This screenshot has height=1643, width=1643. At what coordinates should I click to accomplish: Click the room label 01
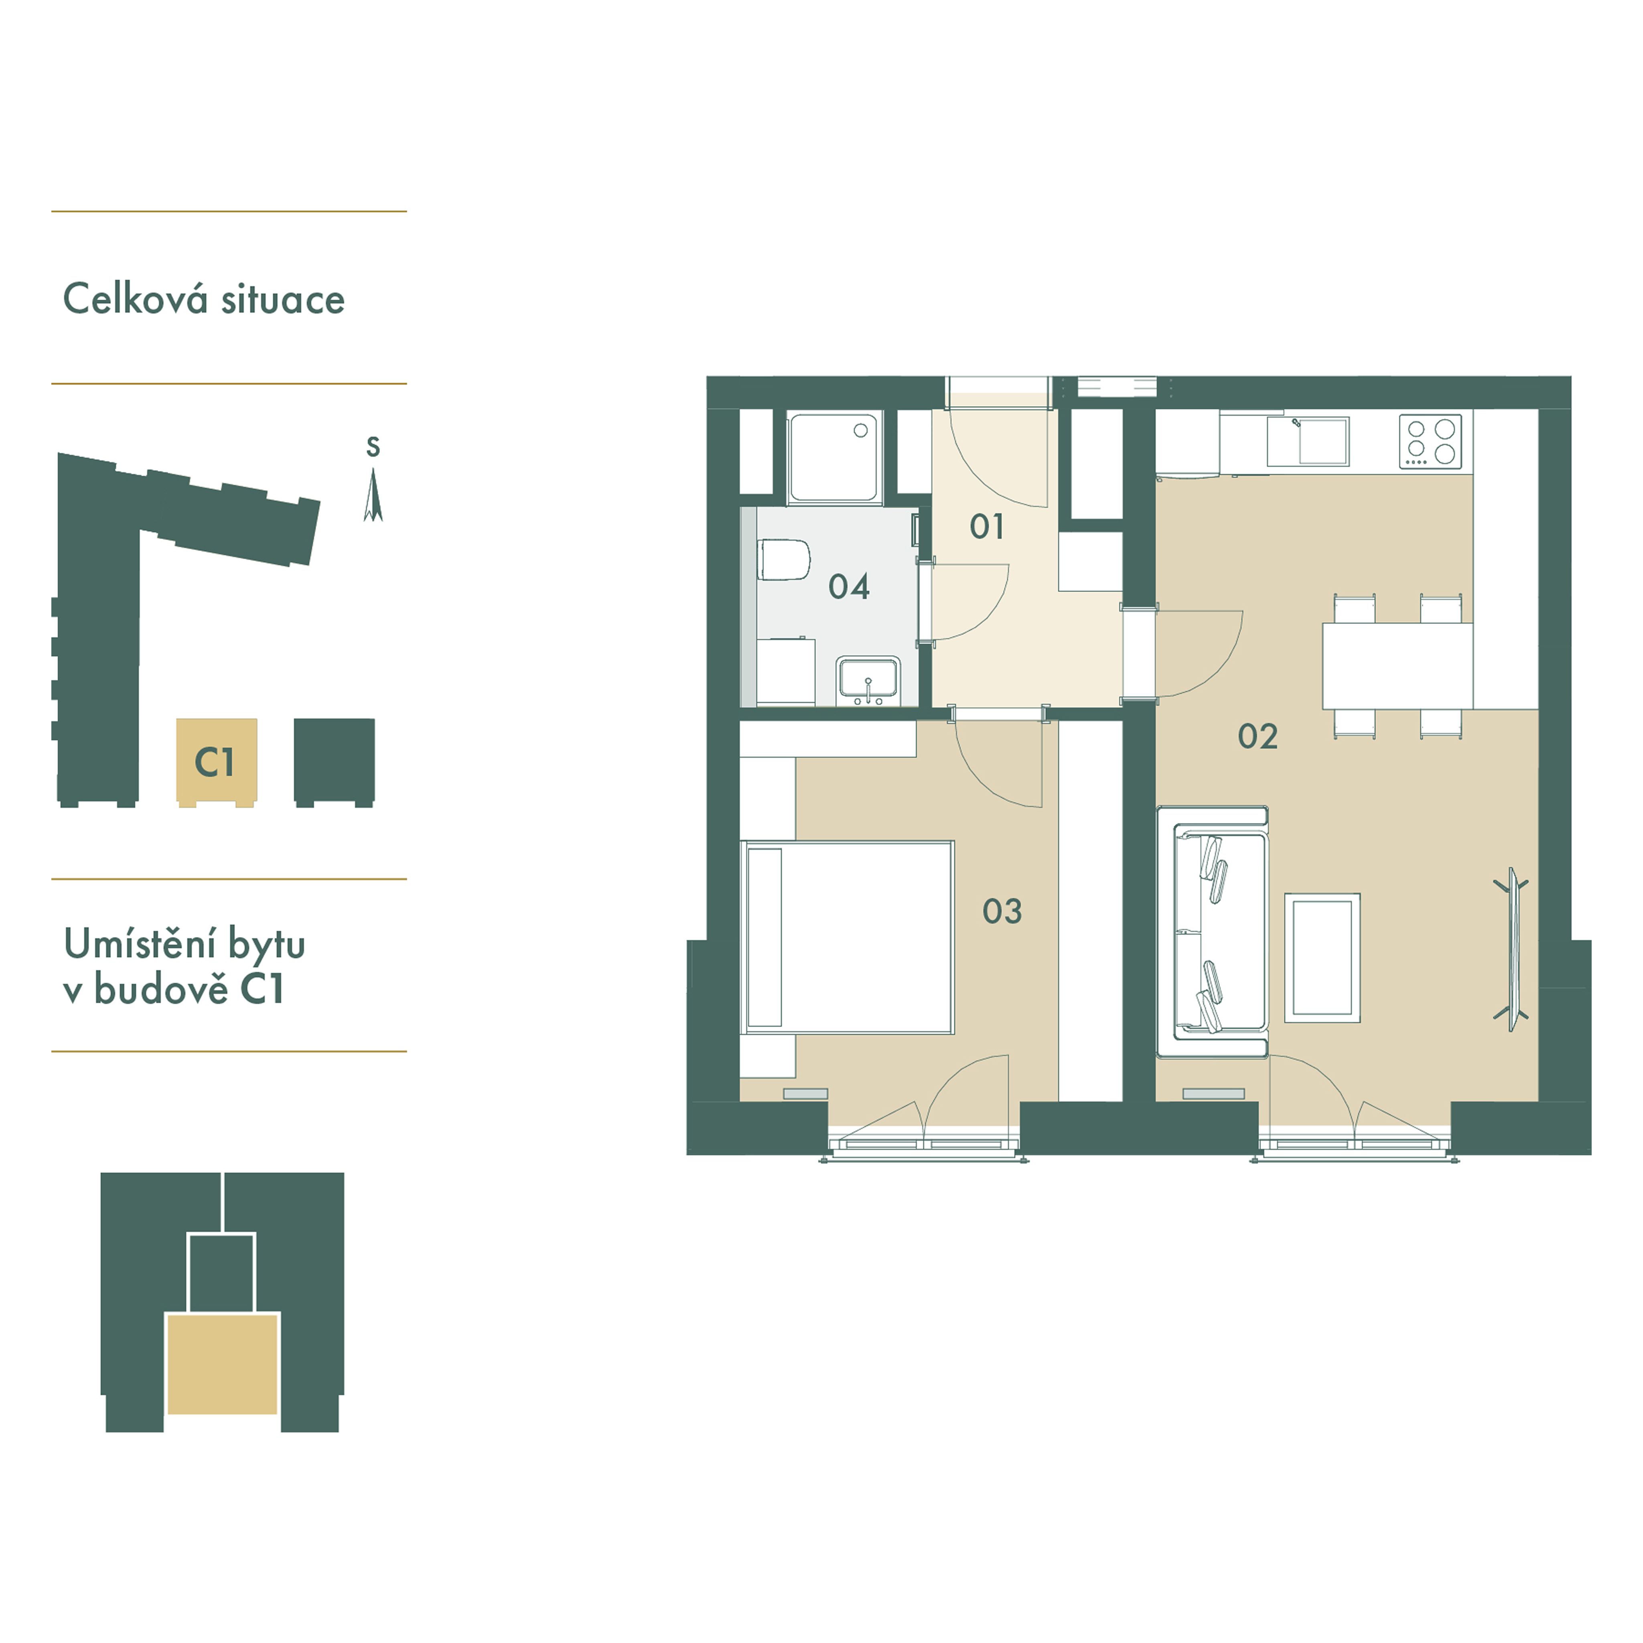(x=986, y=527)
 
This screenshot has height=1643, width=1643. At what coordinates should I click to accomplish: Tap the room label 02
(x=1257, y=736)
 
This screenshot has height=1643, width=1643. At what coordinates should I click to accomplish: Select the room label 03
(x=1002, y=912)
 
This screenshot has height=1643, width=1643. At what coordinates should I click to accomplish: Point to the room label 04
(x=849, y=587)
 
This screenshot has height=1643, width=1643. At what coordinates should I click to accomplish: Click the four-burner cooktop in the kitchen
(x=1430, y=441)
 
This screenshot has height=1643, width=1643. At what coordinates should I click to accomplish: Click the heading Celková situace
(x=204, y=299)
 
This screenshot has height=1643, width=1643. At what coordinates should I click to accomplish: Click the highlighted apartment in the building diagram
(x=222, y=1363)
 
